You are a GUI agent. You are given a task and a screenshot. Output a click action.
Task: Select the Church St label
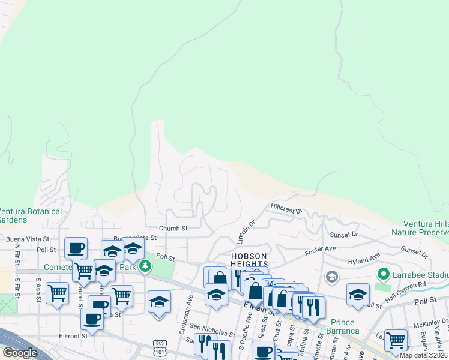pos(173,228)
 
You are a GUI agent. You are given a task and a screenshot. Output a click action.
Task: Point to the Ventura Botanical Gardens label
pos(30,215)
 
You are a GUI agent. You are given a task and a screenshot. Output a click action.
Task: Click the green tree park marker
pos(144,266)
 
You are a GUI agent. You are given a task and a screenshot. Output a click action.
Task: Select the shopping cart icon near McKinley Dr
pos(396,340)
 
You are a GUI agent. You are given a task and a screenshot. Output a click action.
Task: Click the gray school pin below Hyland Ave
pos(331,277)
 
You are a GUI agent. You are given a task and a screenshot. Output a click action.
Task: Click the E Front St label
pos(73,336)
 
